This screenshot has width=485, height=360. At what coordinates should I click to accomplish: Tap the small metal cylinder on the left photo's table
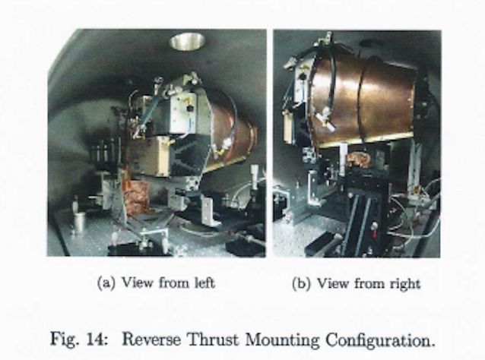(x=80, y=222)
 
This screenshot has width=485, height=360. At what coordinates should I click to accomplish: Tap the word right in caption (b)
(x=404, y=283)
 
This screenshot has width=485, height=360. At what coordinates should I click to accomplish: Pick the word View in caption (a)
(x=135, y=283)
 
